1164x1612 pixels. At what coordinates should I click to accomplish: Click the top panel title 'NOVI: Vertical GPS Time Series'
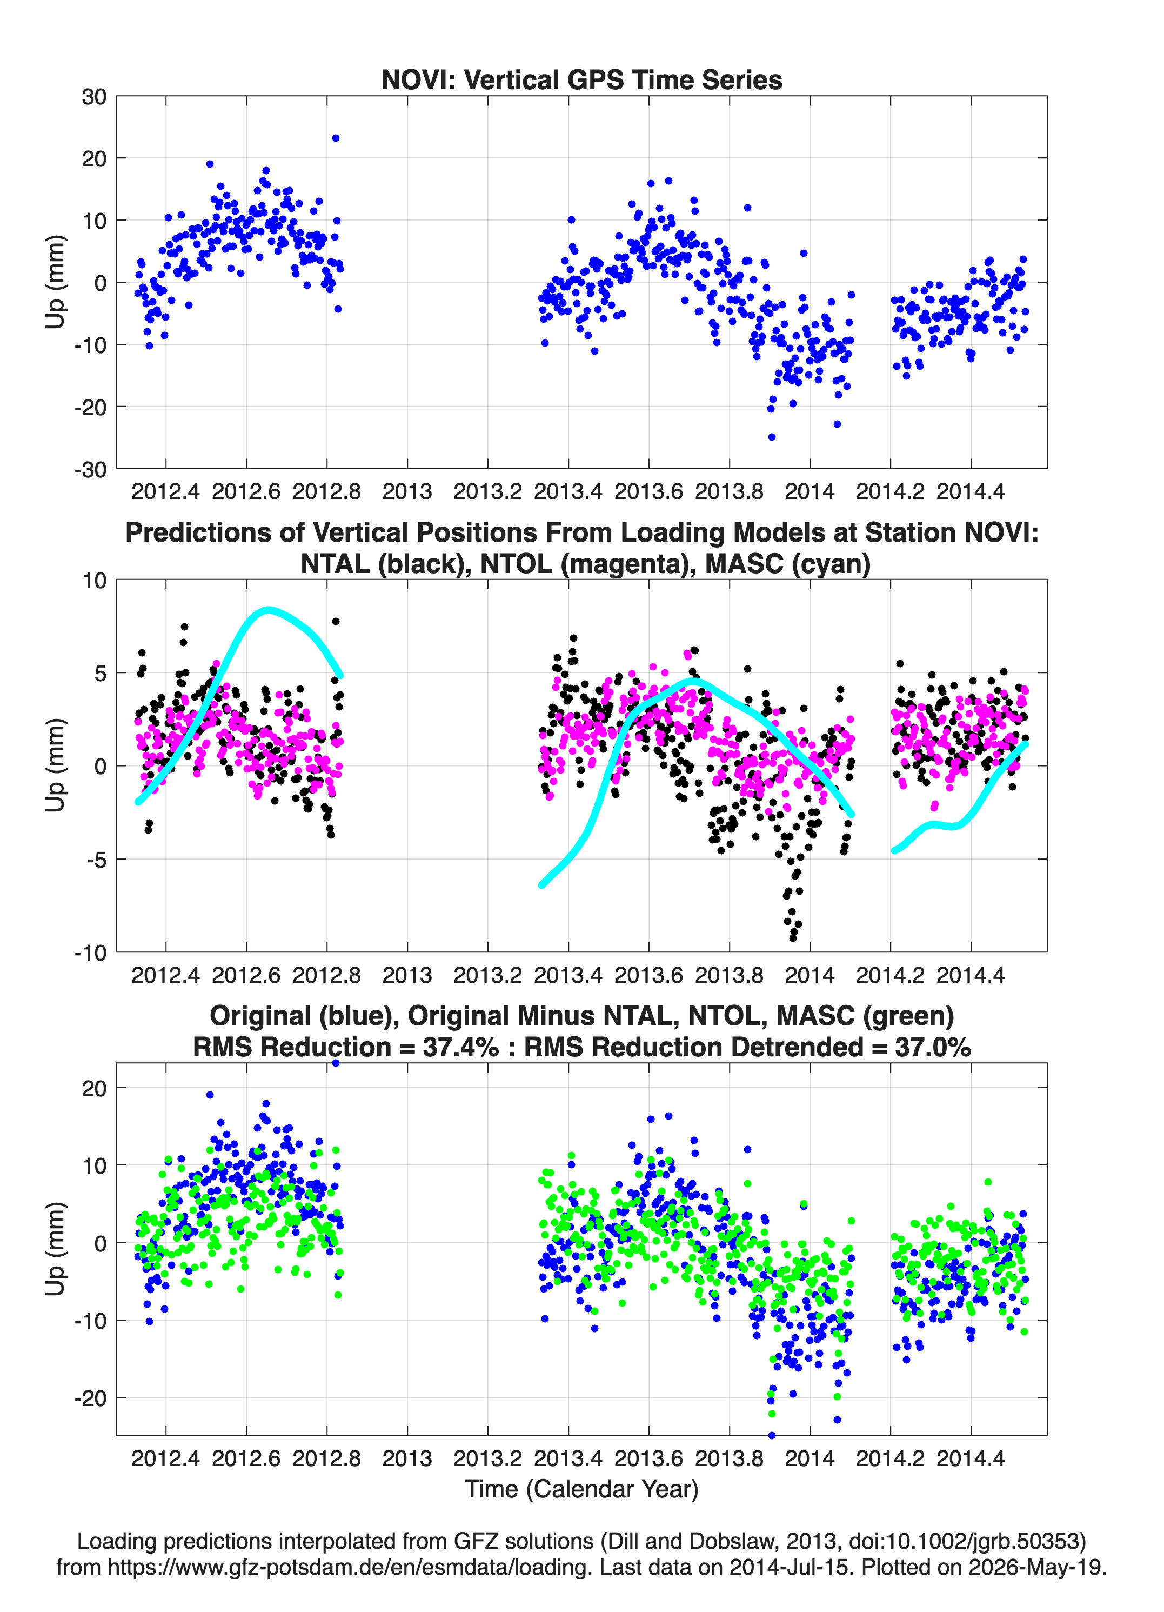click(581, 79)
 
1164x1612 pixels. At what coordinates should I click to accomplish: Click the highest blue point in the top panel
click(336, 138)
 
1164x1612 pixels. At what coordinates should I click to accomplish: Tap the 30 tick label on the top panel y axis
click(95, 97)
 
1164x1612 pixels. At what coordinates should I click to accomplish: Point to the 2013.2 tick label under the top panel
click(487, 491)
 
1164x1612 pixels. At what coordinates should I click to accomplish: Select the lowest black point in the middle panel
click(793, 938)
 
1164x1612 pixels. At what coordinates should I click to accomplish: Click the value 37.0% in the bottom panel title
click(932, 1047)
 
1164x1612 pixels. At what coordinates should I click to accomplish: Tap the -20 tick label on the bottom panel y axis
click(90, 1398)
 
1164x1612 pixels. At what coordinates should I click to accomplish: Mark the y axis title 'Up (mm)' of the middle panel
click(55, 765)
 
